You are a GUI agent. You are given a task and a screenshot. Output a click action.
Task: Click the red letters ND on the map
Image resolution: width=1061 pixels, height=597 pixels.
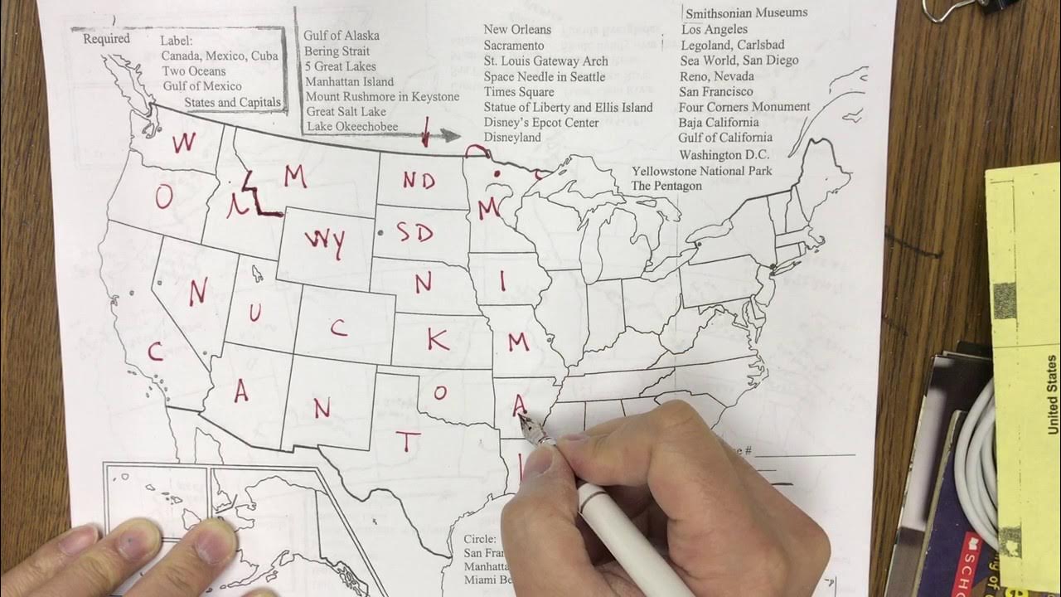[x=419, y=180]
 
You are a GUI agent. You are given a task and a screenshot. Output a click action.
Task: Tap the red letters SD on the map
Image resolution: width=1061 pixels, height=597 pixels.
[x=414, y=233]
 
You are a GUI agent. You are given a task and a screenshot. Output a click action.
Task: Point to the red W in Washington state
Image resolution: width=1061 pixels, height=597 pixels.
[x=184, y=142]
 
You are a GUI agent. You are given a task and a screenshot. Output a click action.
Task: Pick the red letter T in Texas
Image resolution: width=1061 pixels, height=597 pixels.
[x=406, y=442]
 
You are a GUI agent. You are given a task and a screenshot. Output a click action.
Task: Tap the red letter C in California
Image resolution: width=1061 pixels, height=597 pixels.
[x=155, y=352]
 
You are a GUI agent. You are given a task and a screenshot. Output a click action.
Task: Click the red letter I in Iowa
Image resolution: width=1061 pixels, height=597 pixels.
[x=502, y=281]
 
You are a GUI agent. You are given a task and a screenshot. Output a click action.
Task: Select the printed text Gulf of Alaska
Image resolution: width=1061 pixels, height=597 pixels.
[x=342, y=36]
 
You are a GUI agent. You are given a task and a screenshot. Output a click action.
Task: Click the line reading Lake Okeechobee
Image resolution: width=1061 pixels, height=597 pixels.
[x=352, y=127]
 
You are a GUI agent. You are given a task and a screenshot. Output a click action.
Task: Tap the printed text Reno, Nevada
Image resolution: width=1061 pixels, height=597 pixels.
[x=717, y=76]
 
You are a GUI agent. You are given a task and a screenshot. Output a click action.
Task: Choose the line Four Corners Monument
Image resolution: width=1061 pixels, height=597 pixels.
[x=744, y=107]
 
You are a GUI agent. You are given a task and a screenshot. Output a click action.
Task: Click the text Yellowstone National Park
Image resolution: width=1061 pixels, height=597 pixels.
[x=701, y=172]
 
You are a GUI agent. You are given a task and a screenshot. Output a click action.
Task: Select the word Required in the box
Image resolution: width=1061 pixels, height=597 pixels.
[x=106, y=39]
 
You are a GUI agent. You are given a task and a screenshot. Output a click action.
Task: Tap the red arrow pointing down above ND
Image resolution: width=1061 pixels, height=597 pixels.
[x=426, y=132]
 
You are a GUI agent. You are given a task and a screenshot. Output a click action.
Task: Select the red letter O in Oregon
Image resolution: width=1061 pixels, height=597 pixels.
[x=164, y=197]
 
